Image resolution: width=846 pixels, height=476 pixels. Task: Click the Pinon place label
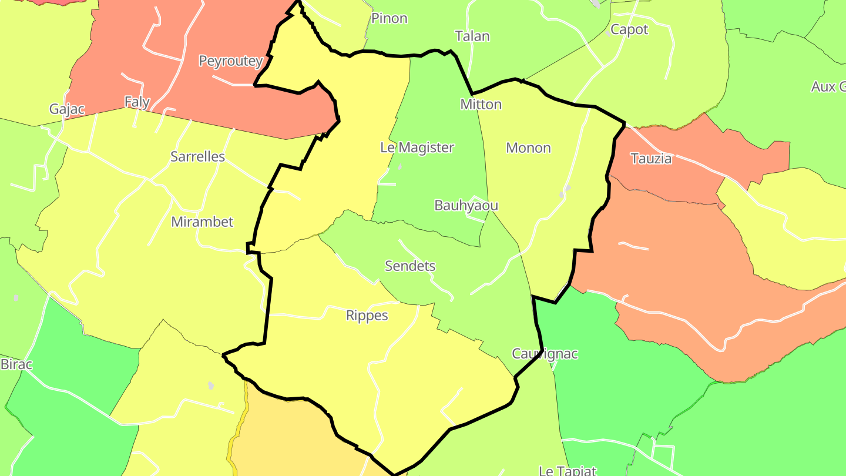(x=389, y=18)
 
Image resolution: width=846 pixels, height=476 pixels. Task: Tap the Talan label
(x=472, y=36)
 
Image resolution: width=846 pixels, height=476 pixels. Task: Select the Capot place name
(x=629, y=29)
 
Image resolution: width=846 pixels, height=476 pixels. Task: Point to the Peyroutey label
(x=231, y=61)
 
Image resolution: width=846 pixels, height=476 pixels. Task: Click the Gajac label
(x=67, y=109)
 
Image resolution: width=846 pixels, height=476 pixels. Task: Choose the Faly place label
(x=137, y=102)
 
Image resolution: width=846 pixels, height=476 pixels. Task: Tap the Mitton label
(x=481, y=104)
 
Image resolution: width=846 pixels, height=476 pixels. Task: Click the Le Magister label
(x=417, y=148)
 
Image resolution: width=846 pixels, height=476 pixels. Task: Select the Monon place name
(x=528, y=148)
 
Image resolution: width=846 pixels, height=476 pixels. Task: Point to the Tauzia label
(x=650, y=158)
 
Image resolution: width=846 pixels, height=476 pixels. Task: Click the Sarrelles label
(x=197, y=156)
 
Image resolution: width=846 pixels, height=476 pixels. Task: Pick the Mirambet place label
(x=202, y=222)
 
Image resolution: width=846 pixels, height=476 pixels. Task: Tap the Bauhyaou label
(x=466, y=205)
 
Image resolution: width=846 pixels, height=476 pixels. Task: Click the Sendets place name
(x=410, y=266)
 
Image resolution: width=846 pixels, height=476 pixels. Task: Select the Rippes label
(x=367, y=316)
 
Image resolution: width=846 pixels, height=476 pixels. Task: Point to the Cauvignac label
(x=545, y=354)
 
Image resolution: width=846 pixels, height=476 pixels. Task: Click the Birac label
(x=16, y=364)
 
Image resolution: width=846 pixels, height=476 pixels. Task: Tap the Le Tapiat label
(x=568, y=470)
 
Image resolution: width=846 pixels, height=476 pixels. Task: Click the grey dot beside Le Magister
(x=400, y=167)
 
